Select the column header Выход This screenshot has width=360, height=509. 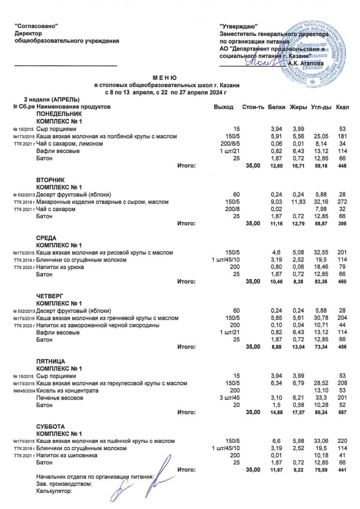223,107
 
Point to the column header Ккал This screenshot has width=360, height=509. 342,107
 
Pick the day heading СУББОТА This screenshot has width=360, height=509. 51,426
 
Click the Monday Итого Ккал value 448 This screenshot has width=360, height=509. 342,166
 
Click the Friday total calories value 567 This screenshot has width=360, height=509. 342,412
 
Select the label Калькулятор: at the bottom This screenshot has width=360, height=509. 55,491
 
